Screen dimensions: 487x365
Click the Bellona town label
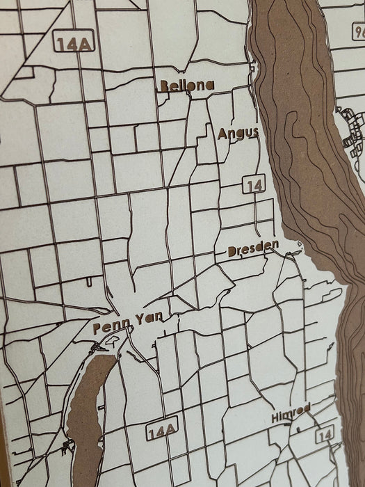click(x=186, y=86)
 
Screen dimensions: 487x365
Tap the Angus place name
click(x=238, y=133)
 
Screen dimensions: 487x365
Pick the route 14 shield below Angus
click(x=254, y=185)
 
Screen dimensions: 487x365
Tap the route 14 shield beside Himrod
click(x=323, y=436)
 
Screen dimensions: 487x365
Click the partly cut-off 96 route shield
click(x=358, y=31)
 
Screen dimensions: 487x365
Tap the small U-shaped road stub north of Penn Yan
click(x=90, y=282)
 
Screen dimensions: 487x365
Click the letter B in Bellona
click(x=164, y=86)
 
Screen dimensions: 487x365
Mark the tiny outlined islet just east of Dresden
click(x=299, y=243)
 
